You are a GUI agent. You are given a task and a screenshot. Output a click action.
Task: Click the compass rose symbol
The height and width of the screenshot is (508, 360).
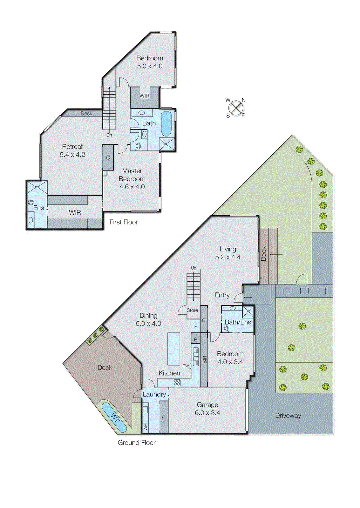[x=236, y=108]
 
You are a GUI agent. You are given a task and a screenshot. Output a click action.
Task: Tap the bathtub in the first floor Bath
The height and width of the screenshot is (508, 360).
[x=166, y=124]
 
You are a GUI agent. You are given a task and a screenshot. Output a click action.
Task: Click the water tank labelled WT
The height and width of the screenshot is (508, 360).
[x=114, y=417]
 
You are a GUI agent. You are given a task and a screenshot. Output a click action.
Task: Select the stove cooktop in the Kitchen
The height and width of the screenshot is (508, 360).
[x=177, y=383]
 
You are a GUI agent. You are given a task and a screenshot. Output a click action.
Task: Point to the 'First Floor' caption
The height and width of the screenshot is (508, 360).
[x=124, y=222]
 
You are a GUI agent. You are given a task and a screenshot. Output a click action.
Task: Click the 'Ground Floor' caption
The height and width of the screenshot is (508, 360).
[x=137, y=443]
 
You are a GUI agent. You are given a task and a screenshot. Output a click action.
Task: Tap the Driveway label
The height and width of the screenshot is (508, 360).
[x=288, y=416]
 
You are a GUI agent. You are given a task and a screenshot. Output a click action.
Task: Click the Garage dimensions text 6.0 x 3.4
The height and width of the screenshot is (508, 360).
[x=207, y=413]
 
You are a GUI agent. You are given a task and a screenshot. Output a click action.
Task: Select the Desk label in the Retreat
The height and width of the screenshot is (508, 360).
[x=86, y=113]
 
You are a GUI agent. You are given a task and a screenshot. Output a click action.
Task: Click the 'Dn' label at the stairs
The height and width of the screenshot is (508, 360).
[x=109, y=135]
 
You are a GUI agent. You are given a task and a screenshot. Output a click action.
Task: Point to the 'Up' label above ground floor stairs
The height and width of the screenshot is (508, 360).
[x=193, y=268]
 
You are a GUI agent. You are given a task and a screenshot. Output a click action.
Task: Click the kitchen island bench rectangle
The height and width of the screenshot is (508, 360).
[x=174, y=349]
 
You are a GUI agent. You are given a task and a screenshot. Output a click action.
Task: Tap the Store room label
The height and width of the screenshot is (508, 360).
[x=192, y=310]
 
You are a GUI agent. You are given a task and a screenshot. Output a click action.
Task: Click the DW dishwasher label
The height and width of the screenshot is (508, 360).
[x=186, y=366]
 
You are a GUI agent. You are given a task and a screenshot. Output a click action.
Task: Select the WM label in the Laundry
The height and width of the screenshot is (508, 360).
[x=146, y=427]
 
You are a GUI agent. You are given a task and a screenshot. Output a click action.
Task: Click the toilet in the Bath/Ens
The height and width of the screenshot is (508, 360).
[x=226, y=329]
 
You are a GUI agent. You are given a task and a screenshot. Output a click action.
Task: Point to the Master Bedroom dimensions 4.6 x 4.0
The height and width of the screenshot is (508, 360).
[x=132, y=187]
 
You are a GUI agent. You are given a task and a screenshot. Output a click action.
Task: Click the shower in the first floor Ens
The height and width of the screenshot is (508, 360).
[x=37, y=187]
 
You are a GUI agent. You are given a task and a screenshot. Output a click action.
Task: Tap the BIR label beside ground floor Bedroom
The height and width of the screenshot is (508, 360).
[x=204, y=360]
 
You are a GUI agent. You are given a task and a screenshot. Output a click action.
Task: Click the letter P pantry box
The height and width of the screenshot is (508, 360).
[x=195, y=339]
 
